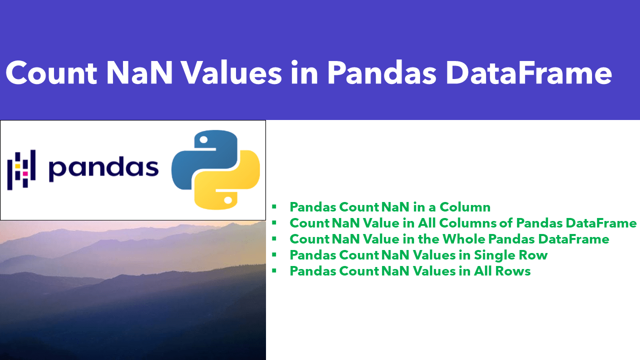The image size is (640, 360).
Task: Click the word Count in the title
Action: [x=51, y=73]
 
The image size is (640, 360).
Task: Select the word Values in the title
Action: [x=232, y=73]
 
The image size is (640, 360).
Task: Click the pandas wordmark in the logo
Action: [x=103, y=169]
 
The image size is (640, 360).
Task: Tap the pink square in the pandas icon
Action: [x=25, y=173]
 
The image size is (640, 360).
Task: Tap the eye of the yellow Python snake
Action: [x=227, y=199]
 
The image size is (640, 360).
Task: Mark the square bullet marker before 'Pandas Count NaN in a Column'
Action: [x=274, y=207]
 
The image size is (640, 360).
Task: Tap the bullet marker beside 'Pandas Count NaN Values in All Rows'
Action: [x=274, y=271]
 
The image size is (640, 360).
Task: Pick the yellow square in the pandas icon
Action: [x=17, y=164]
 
